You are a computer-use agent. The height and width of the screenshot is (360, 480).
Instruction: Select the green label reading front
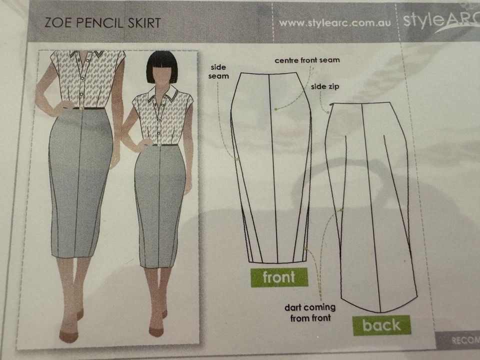point(279,277)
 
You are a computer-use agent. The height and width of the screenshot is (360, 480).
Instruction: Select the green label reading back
point(381,325)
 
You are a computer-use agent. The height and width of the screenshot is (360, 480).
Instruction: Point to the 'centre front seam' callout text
point(307,60)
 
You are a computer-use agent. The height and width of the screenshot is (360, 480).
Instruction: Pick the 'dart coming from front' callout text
point(310,312)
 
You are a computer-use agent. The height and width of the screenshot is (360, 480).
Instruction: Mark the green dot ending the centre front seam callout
point(275,108)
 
